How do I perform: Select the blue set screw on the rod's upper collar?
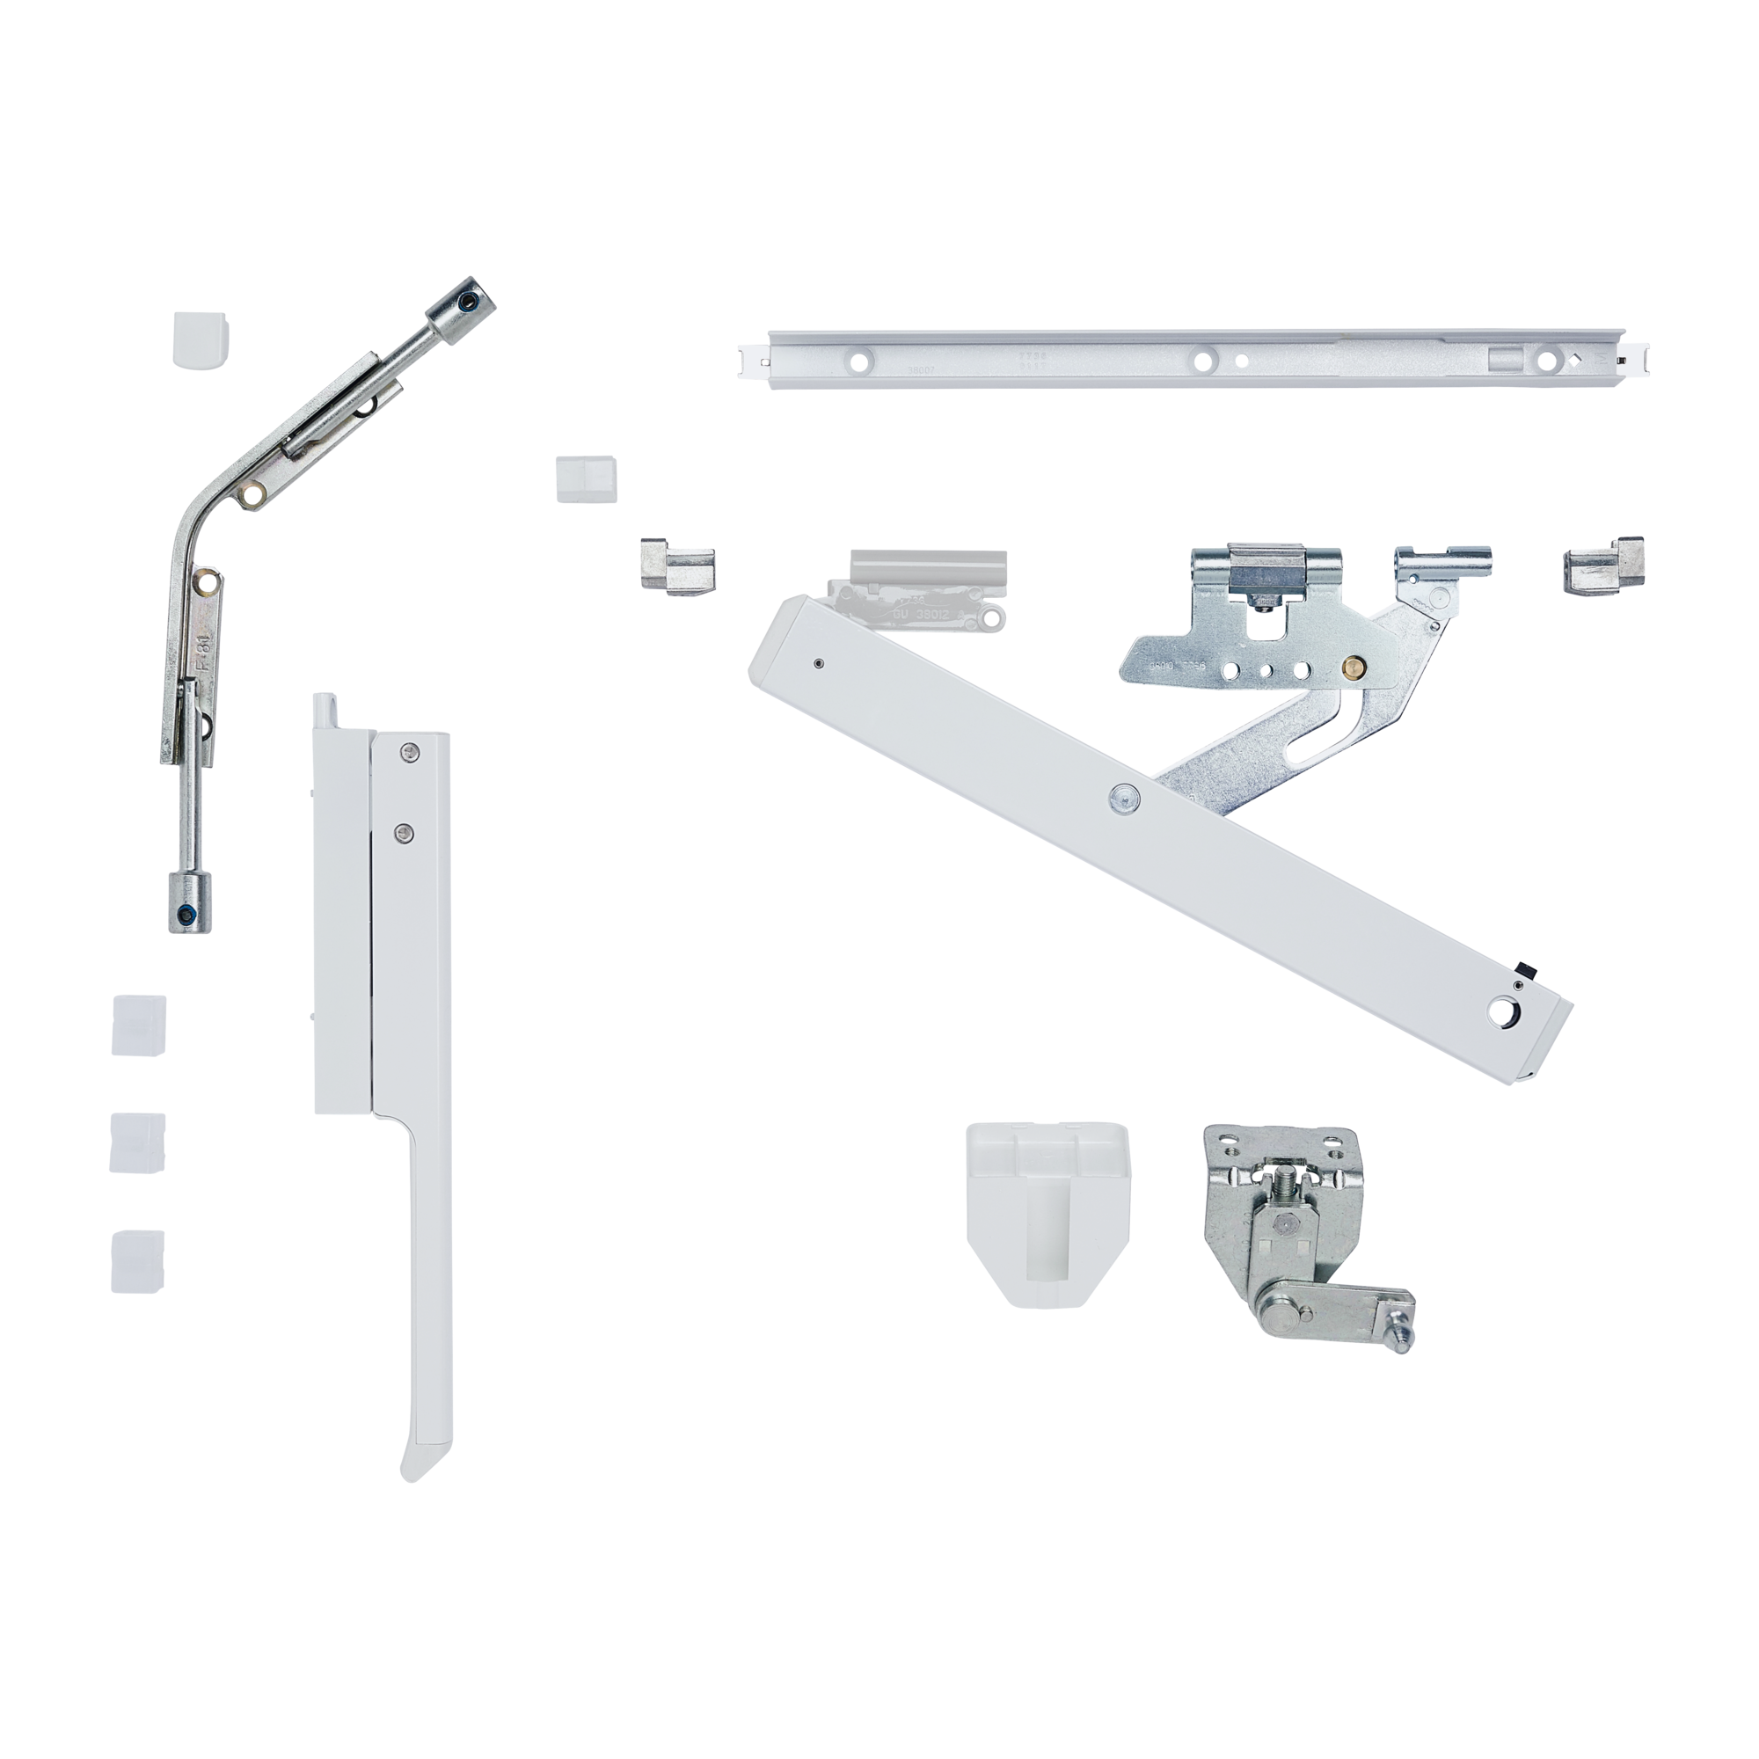coord(468,303)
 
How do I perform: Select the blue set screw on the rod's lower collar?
coord(187,914)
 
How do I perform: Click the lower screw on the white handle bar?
coord(404,831)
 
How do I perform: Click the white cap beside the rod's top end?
coord(201,340)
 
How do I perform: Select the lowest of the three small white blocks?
coord(138,1261)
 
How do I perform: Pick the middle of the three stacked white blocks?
coord(138,1141)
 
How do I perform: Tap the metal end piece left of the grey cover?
coord(677,566)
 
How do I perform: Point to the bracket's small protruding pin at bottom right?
coord(1405,1337)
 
